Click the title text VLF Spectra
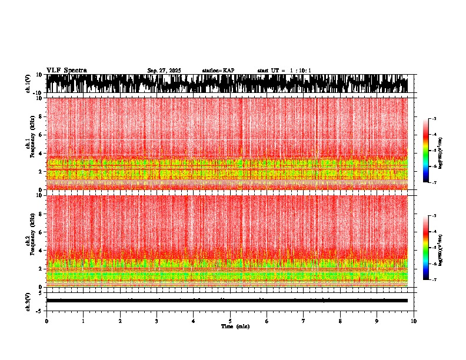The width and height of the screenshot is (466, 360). [66, 70]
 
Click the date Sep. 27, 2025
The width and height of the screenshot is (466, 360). [164, 71]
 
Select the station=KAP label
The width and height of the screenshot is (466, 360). [218, 71]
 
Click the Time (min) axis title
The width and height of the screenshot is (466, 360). [235, 326]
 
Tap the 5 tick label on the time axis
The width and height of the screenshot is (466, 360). [230, 321]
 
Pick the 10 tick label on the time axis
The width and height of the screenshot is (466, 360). [414, 321]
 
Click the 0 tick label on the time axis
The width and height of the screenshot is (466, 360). [46, 321]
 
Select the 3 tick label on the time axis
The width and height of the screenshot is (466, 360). [157, 321]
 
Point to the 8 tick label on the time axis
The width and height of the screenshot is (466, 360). [340, 321]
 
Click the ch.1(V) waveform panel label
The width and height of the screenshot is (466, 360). [28, 84]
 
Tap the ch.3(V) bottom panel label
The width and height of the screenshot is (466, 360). [28, 301]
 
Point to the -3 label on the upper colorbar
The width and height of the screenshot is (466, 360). [434, 119]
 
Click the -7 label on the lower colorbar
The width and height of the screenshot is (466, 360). [434, 280]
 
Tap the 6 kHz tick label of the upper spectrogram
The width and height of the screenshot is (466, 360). [41, 135]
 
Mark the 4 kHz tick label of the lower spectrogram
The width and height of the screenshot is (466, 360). [41, 251]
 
